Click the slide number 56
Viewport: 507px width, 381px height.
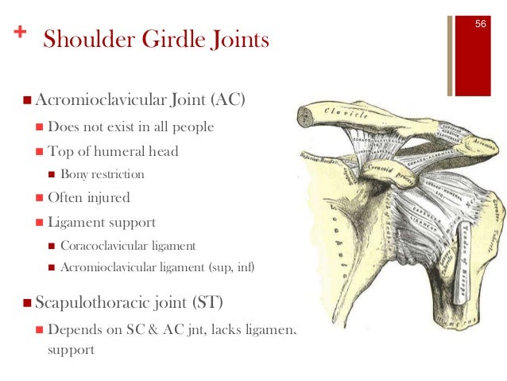click(480, 24)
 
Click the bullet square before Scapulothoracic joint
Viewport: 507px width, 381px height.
click(28, 303)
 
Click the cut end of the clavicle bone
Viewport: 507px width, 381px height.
click(307, 119)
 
